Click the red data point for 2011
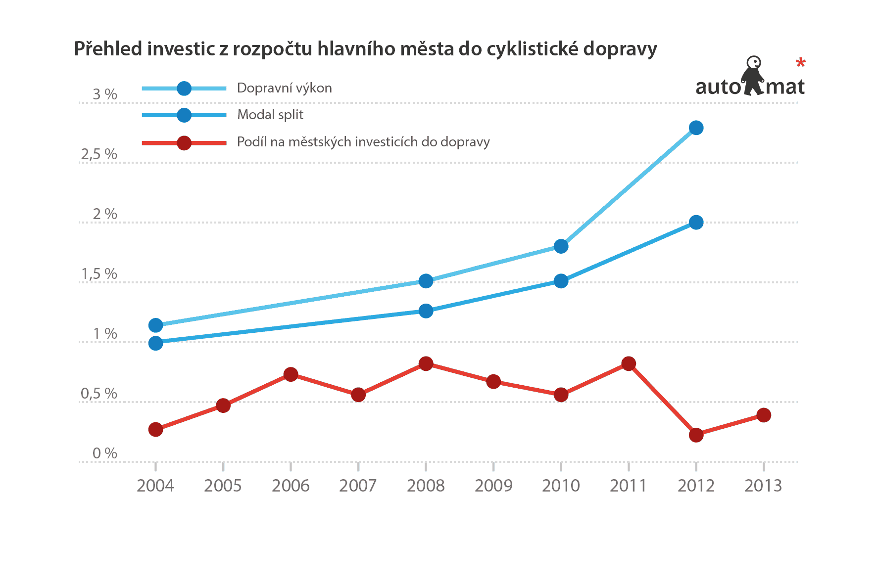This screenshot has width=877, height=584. pos(629,364)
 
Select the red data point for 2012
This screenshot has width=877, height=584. pos(696,435)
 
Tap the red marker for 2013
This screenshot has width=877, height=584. pos(764,415)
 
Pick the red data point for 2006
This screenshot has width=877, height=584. pos(291,374)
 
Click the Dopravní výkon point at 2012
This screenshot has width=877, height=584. pos(696,128)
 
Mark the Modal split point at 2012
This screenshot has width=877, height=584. pos(696,223)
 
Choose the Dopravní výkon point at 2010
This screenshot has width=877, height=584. pos(561,246)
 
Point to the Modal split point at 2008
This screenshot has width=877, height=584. pos(426,311)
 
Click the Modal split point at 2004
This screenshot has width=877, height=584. pos(156,343)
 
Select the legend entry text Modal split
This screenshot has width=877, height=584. pos(270,115)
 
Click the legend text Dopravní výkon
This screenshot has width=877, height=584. pos(285,88)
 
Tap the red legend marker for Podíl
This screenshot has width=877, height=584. pos(184,143)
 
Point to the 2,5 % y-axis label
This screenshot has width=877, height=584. pos(99,154)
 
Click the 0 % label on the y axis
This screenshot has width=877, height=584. pos(105,453)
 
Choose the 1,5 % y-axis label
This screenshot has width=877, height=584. pos(99,274)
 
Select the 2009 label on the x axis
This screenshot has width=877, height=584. pos(493,486)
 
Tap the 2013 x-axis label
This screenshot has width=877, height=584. pos(763,486)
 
